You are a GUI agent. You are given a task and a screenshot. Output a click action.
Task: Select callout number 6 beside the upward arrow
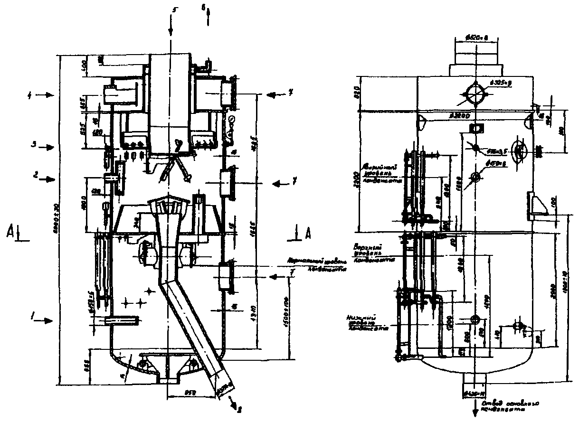(203, 8)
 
